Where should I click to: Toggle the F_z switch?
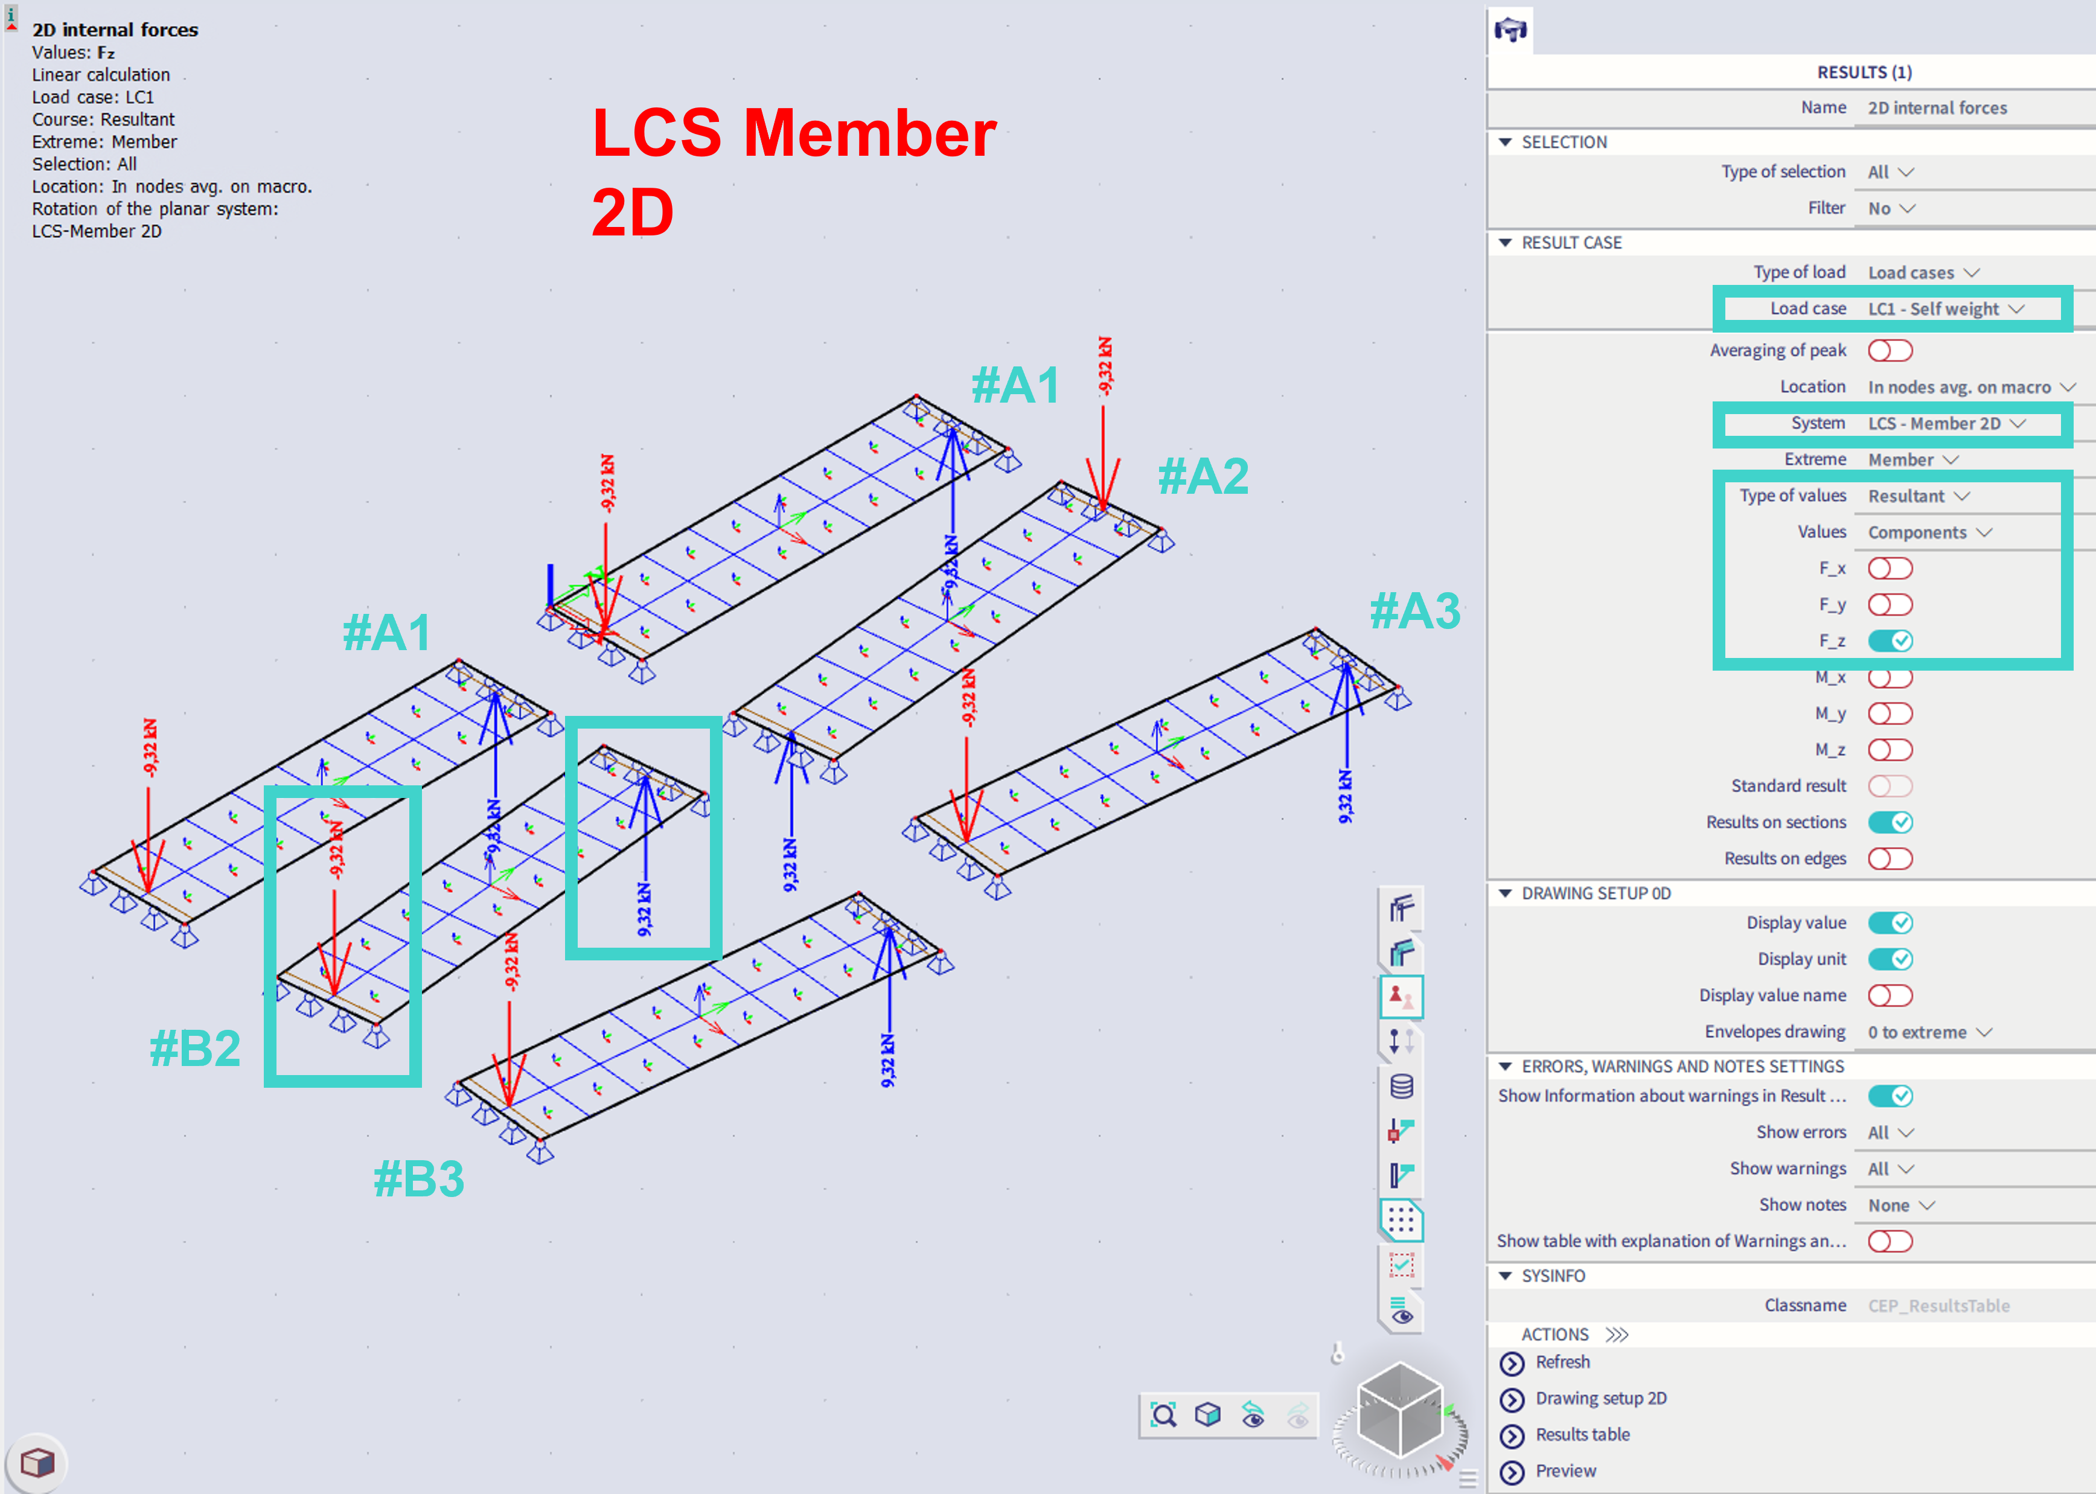[1890, 641]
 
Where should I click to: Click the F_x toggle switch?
[1890, 569]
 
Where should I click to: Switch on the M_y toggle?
[1890, 714]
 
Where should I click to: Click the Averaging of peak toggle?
[1890, 351]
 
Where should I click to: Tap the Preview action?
[1565, 1470]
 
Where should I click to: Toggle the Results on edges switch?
[1890, 858]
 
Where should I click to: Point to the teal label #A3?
[1415, 611]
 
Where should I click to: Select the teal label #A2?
[1203, 476]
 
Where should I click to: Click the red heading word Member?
[869, 133]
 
